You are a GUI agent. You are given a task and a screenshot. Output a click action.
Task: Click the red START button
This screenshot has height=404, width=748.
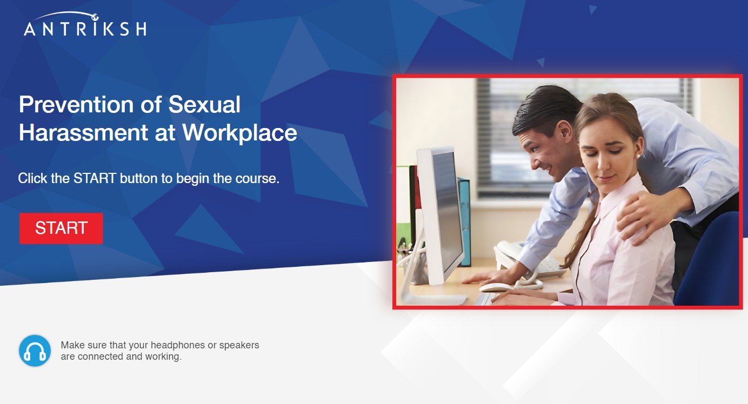click(61, 228)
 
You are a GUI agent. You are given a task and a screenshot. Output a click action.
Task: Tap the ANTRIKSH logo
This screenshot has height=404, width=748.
click(85, 24)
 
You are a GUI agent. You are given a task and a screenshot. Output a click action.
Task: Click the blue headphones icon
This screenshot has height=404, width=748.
click(35, 351)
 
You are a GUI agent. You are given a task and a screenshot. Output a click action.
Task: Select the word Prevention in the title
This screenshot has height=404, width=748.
click(76, 105)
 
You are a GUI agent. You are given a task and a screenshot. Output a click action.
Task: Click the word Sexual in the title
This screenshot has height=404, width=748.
click(204, 105)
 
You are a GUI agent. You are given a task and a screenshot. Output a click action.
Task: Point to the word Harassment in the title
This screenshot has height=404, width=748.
click(83, 132)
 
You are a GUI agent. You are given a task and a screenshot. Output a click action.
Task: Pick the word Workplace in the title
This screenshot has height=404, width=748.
click(239, 133)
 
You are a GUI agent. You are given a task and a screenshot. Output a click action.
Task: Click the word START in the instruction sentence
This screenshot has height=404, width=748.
click(95, 178)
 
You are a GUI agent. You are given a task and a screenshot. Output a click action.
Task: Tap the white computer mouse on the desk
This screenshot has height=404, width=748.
click(496, 287)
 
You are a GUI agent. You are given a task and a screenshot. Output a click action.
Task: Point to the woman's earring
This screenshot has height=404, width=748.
click(638, 156)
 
